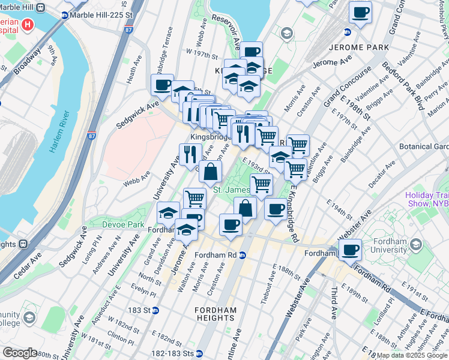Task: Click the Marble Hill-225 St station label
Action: [100, 15]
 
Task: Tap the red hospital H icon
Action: [28, 26]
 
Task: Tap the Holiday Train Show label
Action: [427, 199]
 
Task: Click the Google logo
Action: [20, 353]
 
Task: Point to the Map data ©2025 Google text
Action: [411, 355]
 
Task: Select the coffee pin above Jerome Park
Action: [361, 13]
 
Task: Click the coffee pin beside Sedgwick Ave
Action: [161, 85]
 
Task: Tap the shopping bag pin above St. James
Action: [210, 172]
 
